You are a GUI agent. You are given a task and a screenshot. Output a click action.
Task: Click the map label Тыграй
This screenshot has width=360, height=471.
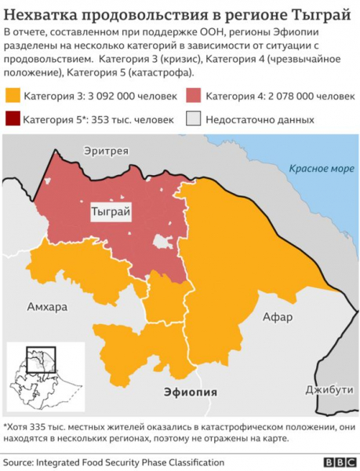tap(111, 212)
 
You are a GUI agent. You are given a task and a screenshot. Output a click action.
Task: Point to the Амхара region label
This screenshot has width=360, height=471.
tap(46, 305)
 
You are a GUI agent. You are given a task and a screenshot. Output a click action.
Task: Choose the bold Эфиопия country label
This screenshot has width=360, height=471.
tap(190, 391)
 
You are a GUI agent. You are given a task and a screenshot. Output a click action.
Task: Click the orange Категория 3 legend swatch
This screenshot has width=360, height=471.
tap(13, 96)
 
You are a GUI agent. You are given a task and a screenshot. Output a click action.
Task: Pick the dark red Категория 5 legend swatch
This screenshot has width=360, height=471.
tap(13, 119)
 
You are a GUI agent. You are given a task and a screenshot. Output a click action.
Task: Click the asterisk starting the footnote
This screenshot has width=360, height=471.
tap(5, 426)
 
